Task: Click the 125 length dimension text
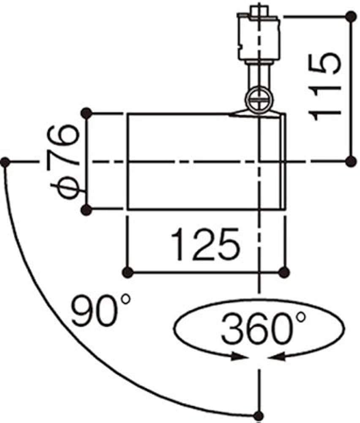coord(205,244)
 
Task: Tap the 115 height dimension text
coord(325,87)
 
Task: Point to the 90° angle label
coord(101,310)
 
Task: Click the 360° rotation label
coord(263,327)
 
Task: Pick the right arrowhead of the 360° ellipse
coord(277,357)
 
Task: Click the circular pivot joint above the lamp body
coord(259,99)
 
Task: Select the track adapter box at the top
coord(259,36)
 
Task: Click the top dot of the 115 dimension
coord(351,17)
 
